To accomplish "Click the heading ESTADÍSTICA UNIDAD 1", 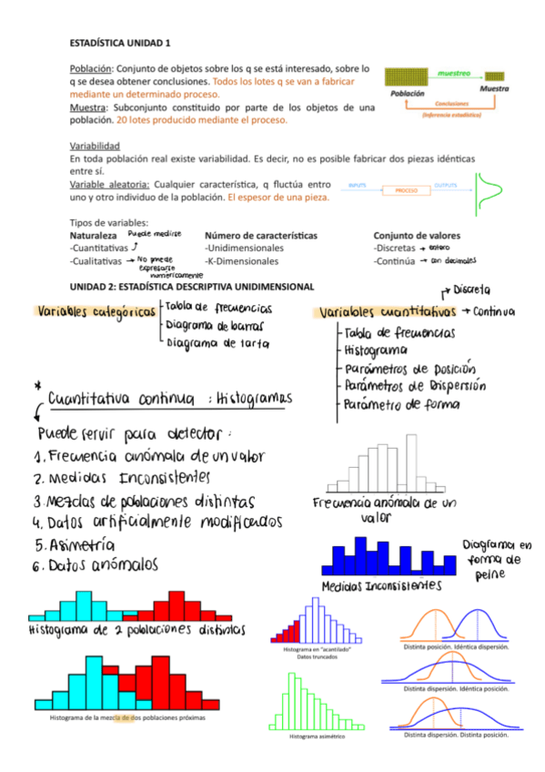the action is [x=120, y=42].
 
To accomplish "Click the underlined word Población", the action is [x=91, y=68].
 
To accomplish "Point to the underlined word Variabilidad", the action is [x=94, y=146].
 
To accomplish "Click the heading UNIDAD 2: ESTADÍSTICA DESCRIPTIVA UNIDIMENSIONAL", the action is [x=191, y=285].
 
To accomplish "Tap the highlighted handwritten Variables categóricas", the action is [x=95, y=311].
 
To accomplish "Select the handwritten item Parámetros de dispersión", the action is [x=415, y=386].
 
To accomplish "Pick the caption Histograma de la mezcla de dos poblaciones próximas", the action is [x=127, y=717].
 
